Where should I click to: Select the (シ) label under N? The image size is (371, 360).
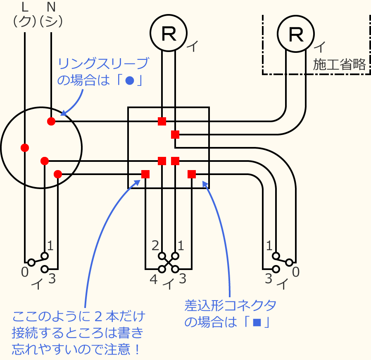[51, 21]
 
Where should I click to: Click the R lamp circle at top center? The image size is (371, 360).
[168, 34]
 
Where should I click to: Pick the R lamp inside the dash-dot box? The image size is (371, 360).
[296, 34]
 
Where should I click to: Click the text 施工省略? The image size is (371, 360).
[339, 64]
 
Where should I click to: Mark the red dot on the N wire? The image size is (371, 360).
[51, 121]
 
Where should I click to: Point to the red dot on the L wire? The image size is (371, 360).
[25, 147]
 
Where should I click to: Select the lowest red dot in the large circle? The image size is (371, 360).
[58, 174]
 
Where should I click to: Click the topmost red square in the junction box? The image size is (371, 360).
[162, 121]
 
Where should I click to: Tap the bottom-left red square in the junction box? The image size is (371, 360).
[145, 174]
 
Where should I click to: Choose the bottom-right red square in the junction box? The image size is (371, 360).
[192, 174]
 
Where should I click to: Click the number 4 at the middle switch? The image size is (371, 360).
[153, 279]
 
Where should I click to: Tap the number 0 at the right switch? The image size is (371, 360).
[296, 272]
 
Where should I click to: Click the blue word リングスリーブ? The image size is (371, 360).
[103, 64]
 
